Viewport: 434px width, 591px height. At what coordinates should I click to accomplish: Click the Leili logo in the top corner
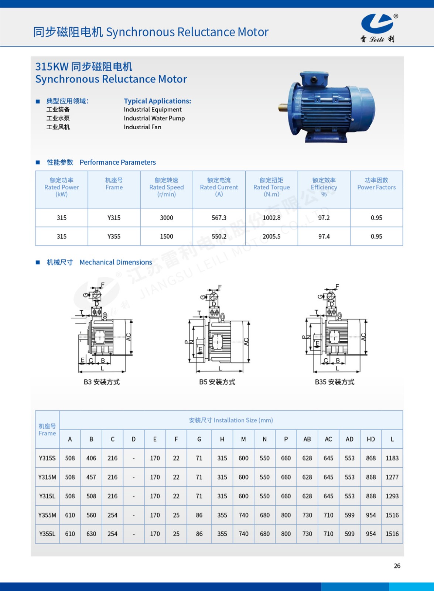(378, 28)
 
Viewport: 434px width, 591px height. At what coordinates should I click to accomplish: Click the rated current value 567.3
(219, 218)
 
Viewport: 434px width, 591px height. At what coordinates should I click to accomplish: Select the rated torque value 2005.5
(271, 236)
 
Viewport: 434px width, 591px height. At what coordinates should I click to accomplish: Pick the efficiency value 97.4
(324, 236)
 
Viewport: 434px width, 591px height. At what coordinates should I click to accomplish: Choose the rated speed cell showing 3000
(167, 218)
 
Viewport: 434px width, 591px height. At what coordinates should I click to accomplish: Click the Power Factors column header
(376, 184)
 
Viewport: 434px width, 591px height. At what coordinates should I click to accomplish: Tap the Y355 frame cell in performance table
(114, 236)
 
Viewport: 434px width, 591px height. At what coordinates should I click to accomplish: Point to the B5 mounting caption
(217, 382)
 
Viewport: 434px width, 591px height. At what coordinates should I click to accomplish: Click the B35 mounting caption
(335, 382)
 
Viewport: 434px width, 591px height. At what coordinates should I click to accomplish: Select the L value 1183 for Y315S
(392, 458)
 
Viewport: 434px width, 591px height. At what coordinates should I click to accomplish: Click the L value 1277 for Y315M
(392, 477)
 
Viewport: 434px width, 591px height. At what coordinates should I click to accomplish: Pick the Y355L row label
(47, 534)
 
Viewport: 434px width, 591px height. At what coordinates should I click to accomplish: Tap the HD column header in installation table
(371, 439)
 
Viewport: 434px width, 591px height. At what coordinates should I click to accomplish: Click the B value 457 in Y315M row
(91, 477)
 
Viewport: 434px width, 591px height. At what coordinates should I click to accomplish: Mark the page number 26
(397, 566)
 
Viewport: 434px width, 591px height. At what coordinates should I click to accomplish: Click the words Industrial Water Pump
(154, 118)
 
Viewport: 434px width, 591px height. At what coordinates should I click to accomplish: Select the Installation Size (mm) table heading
(231, 420)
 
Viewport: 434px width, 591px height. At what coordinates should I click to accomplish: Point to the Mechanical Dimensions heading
(116, 262)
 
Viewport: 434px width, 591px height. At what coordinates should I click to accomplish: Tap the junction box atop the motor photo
(313, 79)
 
